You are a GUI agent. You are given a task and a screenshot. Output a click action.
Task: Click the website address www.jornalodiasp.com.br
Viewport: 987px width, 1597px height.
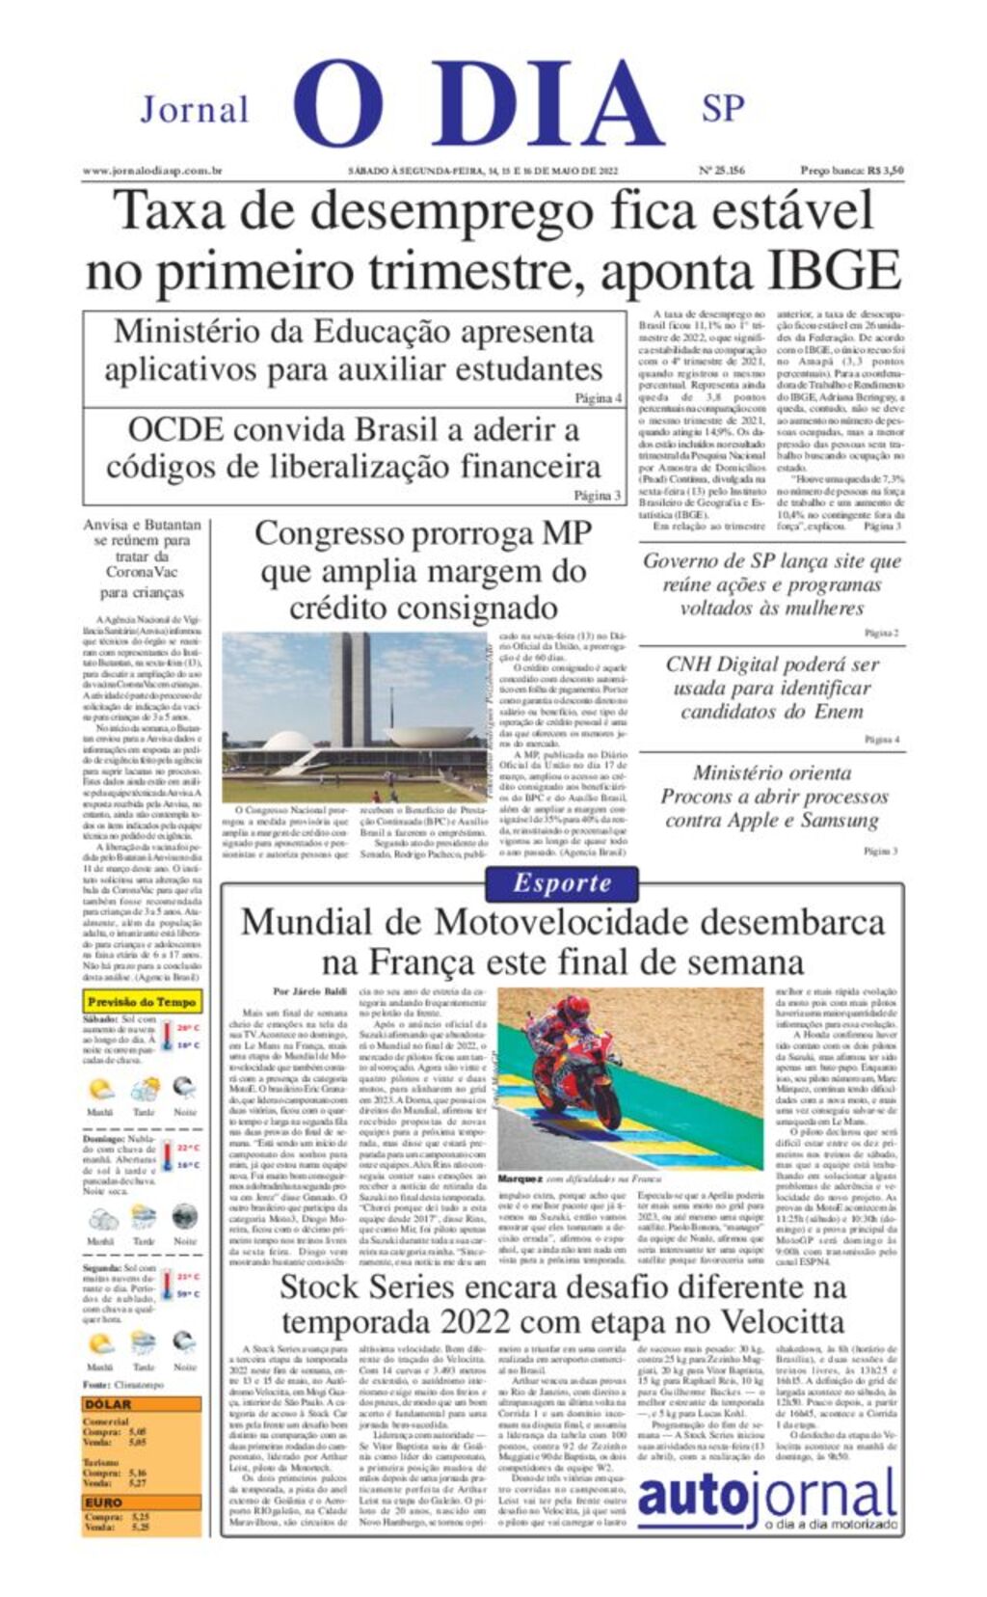tap(152, 171)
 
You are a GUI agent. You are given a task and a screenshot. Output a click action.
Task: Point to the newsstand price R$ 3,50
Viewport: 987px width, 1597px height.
tap(885, 171)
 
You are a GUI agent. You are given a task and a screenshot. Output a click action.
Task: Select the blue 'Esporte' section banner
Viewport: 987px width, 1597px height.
tap(562, 882)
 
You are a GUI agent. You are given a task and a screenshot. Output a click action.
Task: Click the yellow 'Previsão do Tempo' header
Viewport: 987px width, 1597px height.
tap(142, 1002)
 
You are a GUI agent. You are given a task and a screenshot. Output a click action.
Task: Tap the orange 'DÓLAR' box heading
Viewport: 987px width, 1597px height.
tap(108, 1404)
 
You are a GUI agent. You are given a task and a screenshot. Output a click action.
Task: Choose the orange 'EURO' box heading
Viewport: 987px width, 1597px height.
tap(104, 1502)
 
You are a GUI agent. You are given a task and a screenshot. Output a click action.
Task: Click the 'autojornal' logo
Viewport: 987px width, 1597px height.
tap(767, 1497)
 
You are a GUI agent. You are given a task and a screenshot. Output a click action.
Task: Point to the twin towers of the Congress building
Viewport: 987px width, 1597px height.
tap(351, 688)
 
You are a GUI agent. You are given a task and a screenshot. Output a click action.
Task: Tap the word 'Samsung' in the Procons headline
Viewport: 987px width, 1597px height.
tap(831, 821)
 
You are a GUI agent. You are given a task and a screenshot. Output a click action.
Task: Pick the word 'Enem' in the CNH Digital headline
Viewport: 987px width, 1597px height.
tap(837, 712)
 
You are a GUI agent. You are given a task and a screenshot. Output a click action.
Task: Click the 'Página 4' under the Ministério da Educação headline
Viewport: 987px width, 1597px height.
tap(598, 397)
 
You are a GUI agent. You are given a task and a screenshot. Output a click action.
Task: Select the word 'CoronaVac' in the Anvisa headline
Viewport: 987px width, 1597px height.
tap(142, 572)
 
